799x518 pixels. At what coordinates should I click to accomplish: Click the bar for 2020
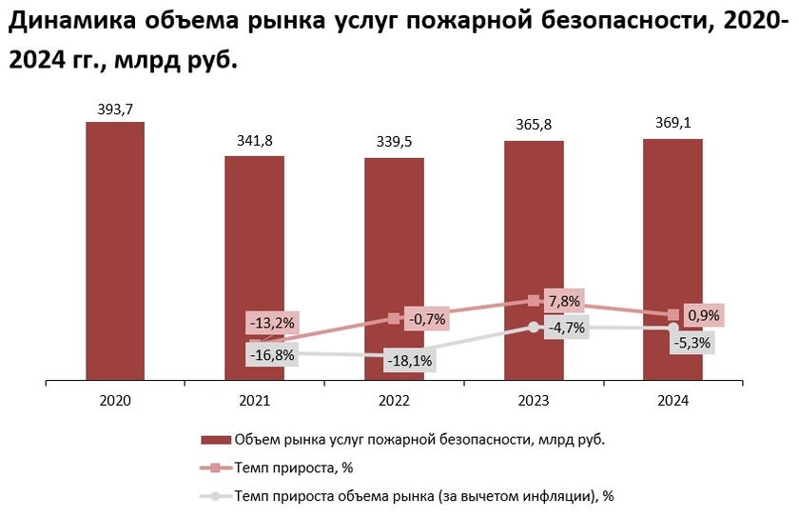click(115, 251)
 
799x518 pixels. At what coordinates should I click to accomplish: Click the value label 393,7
click(115, 109)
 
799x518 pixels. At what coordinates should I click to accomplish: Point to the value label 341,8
click(254, 141)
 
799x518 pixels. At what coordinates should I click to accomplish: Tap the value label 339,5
click(394, 143)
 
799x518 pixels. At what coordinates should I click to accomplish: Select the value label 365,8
click(534, 126)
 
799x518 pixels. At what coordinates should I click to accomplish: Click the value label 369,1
click(672, 124)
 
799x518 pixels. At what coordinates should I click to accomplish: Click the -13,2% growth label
click(272, 323)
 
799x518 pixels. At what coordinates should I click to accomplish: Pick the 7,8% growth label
click(563, 300)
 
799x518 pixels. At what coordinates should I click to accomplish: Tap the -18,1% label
click(410, 361)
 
